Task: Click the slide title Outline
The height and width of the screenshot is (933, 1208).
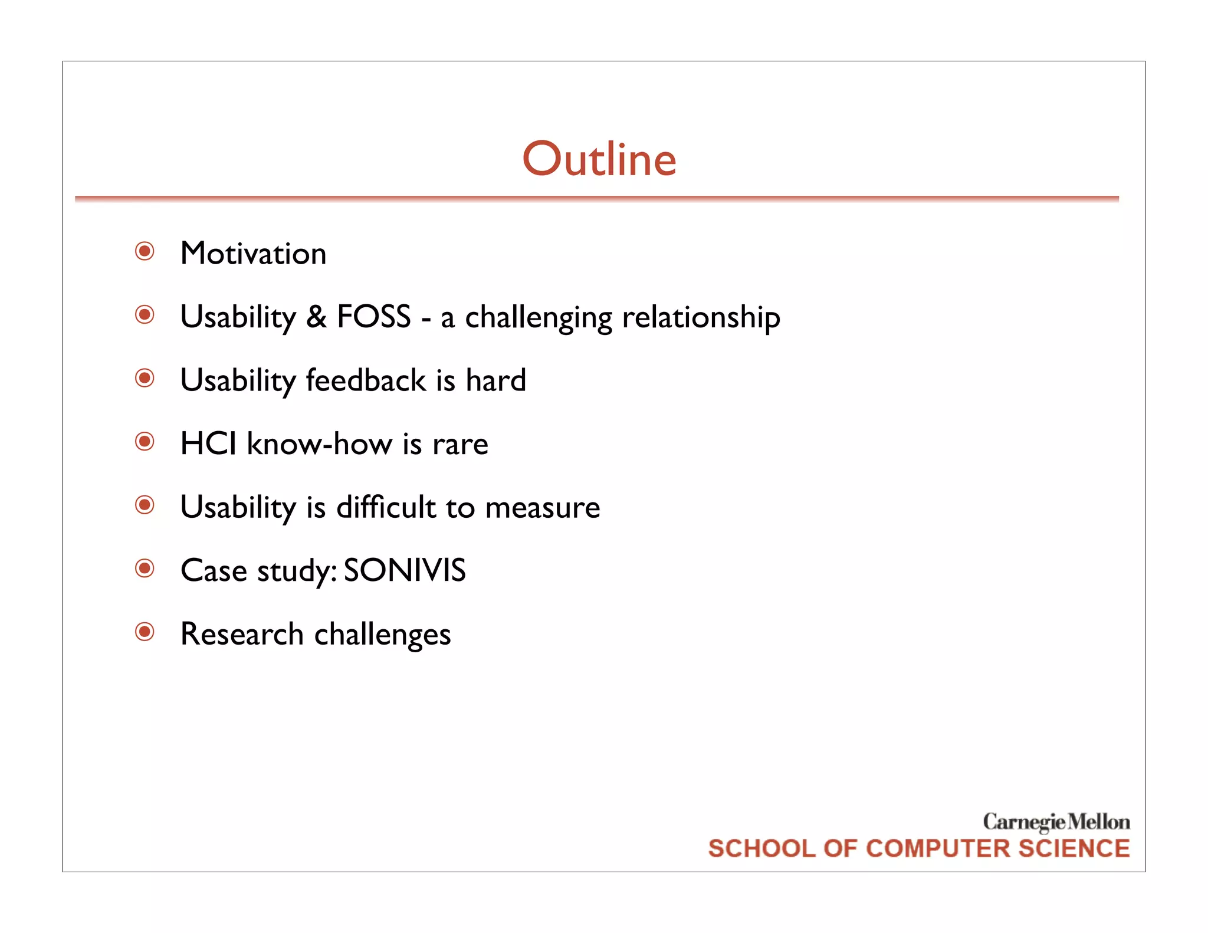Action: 599,159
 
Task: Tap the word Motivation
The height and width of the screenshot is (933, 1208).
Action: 253,254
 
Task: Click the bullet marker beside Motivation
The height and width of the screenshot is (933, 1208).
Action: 145,251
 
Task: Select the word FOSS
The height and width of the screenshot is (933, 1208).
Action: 373,317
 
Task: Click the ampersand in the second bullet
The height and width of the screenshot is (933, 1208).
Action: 316,317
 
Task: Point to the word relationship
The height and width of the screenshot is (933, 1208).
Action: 701,318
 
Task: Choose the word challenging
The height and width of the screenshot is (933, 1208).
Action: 539,318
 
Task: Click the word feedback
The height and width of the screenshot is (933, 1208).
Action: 366,380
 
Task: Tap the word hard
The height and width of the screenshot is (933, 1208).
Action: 495,380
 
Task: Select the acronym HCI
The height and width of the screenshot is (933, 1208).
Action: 208,443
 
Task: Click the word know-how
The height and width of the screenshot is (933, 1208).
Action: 319,443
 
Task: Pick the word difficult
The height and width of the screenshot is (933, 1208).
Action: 386,507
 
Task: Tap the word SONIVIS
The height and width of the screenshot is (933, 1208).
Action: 405,570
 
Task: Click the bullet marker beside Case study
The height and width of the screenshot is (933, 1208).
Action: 145,569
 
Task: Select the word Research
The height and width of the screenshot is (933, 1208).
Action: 242,634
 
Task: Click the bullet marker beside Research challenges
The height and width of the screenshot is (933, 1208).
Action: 145,632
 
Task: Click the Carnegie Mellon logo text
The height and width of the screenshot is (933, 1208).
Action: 1056,822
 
